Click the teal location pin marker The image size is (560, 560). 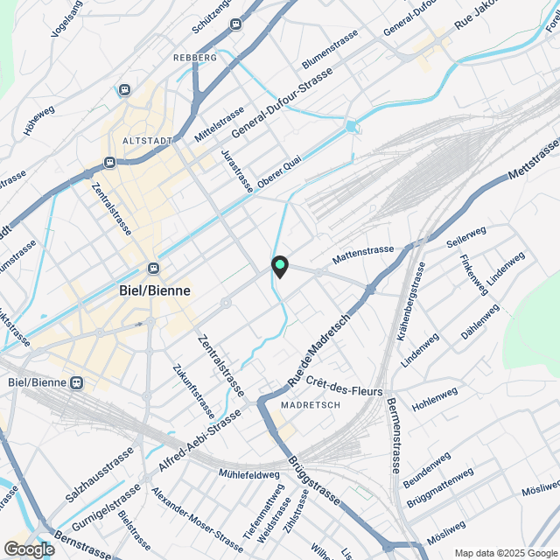pos(280,266)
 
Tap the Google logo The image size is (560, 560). pos(28,549)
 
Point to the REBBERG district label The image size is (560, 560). pos(195,57)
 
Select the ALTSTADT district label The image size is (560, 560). pos(144,140)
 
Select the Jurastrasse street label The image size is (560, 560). pos(237,170)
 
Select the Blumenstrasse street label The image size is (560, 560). pos(330,51)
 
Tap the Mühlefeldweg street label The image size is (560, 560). pos(249,474)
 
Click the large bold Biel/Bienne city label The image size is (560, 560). pos(155,290)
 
